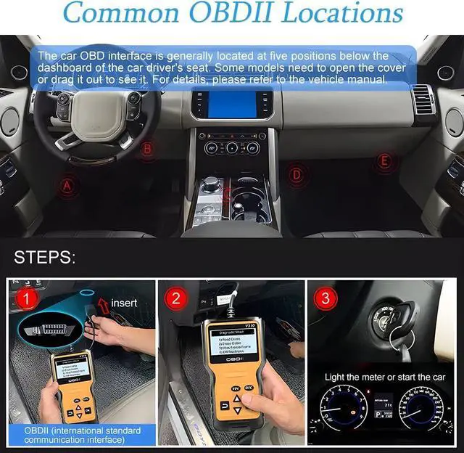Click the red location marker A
coord(67,186)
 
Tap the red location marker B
coord(148,150)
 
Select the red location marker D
coord(296,174)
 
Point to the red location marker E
coord(384,160)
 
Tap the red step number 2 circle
coord(175,298)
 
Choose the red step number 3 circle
coord(325,298)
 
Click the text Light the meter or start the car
coord(385,377)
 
